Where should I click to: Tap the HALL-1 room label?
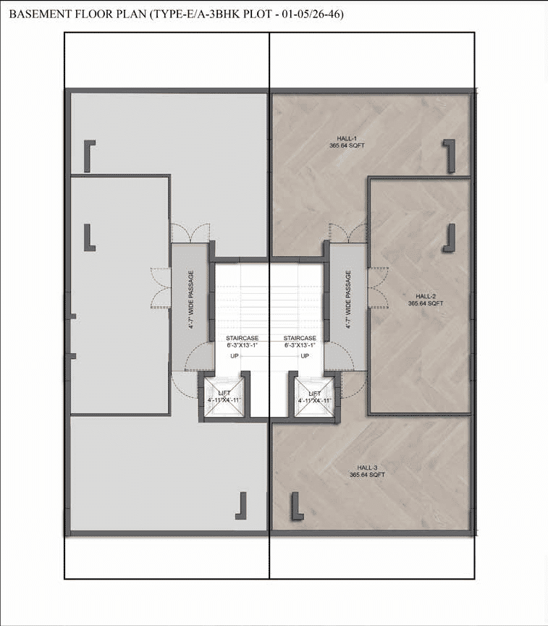pos(347,138)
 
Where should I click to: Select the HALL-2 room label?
pos(426,296)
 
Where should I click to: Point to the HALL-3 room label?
pos(367,468)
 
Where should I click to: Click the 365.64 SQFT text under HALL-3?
pos(367,475)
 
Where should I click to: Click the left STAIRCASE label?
pos(242,338)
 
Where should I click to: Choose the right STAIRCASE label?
pos(300,338)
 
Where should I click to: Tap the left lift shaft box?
pos(224,397)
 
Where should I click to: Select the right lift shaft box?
pos(314,397)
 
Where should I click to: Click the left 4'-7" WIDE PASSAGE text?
pos(191,300)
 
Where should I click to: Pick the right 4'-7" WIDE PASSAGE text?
pos(348,300)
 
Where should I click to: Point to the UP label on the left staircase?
pos(235,356)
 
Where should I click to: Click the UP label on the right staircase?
pos(305,356)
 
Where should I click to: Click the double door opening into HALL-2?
pos(377,287)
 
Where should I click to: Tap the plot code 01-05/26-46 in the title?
pos(313,14)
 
